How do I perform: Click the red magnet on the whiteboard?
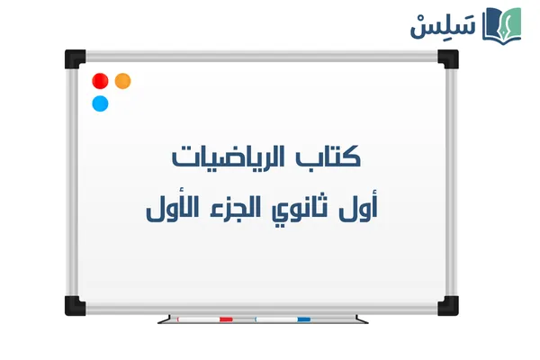pyautogui.click(x=100, y=80)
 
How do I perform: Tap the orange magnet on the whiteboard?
pyautogui.click(x=122, y=81)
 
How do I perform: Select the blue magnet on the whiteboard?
pyautogui.click(x=100, y=103)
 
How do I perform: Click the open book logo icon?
pyautogui.click(x=502, y=24)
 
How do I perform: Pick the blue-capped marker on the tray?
pyautogui.click(x=283, y=319)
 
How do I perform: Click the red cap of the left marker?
pyautogui.click(x=226, y=319)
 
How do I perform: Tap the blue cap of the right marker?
pyautogui.click(x=303, y=319)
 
